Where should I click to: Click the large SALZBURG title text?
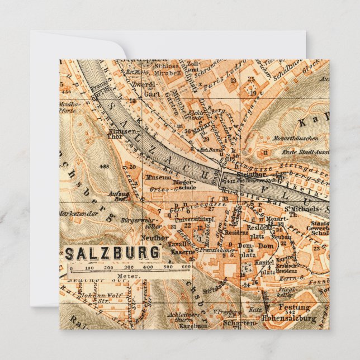[x=112, y=253]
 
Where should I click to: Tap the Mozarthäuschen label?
[x=296, y=138]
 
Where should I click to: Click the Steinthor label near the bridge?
[x=247, y=173]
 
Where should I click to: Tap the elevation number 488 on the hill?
[x=103, y=167]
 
